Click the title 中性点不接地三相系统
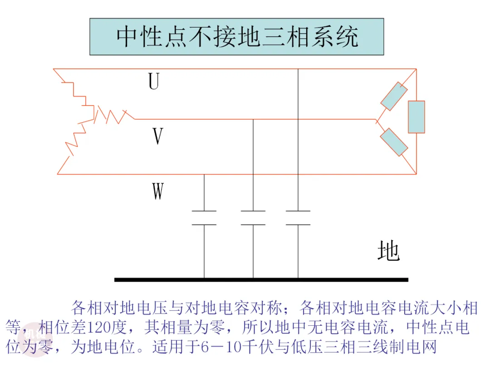[237, 37]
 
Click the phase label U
[154, 81]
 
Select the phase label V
[158, 136]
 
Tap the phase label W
[158, 191]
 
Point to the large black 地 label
[388, 250]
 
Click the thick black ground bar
[261, 280]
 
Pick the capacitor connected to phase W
[204, 218]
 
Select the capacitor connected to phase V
[253, 218]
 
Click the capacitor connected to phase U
[298, 218]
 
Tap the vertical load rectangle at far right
[416, 117]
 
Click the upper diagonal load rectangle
[394, 96]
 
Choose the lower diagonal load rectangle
[394, 142]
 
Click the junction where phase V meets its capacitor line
[253, 119]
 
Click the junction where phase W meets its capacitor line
[204, 174]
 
